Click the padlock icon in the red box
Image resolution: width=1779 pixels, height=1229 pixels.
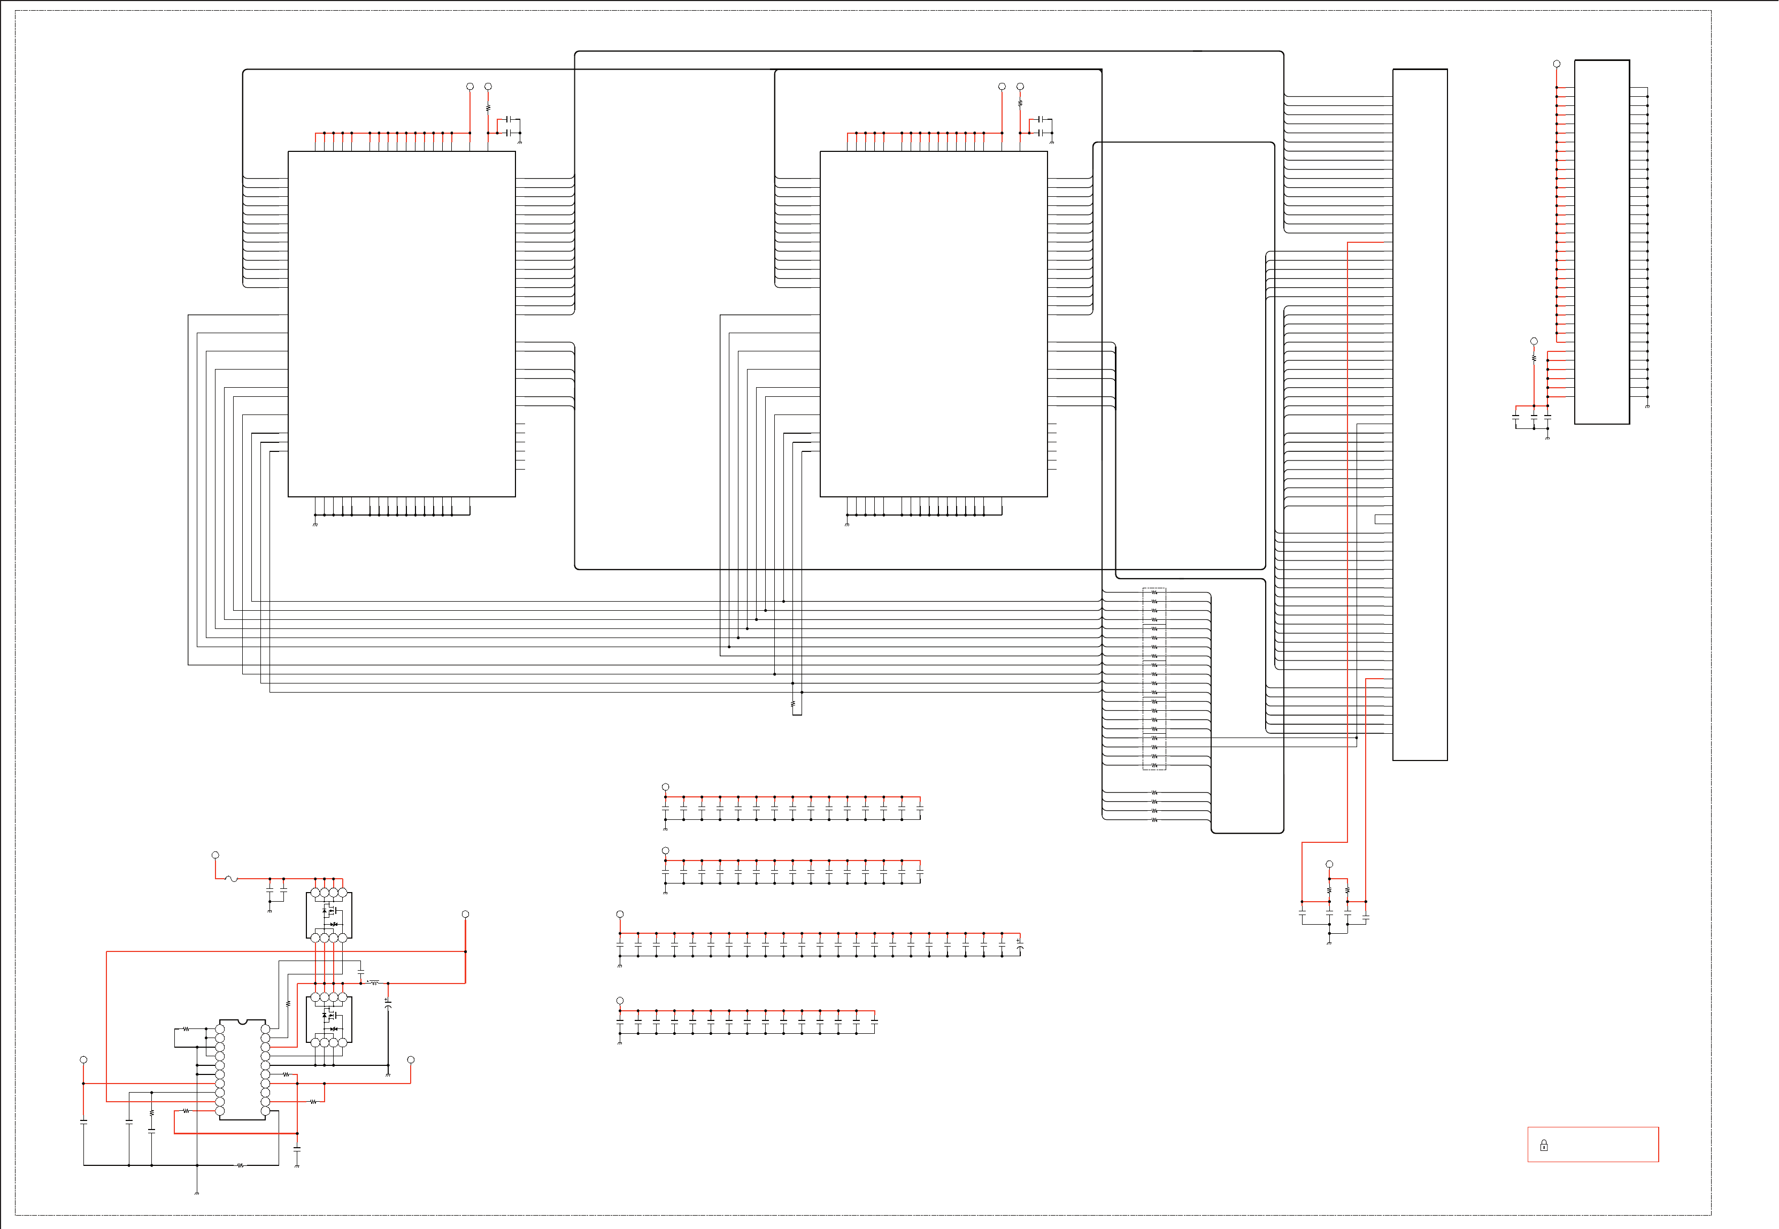click(1543, 1145)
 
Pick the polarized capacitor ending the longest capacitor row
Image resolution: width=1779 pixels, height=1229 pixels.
click(1020, 945)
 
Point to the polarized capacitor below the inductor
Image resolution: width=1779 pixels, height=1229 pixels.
click(388, 1003)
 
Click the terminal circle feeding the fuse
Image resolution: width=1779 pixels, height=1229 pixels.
click(215, 855)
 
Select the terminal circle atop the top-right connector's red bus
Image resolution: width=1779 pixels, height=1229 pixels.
click(1557, 64)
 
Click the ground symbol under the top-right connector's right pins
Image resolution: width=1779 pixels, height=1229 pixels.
click(1647, 406)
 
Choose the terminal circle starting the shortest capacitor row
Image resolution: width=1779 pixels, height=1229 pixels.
click(620, 1000)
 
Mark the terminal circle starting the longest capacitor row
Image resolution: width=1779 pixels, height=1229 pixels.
click(620, 914)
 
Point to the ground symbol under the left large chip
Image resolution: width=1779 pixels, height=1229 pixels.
click(315, 525)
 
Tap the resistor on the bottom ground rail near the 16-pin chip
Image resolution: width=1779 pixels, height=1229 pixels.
click(240, 1165)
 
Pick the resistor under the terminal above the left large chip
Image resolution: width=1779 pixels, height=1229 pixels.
click(488, 109)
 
